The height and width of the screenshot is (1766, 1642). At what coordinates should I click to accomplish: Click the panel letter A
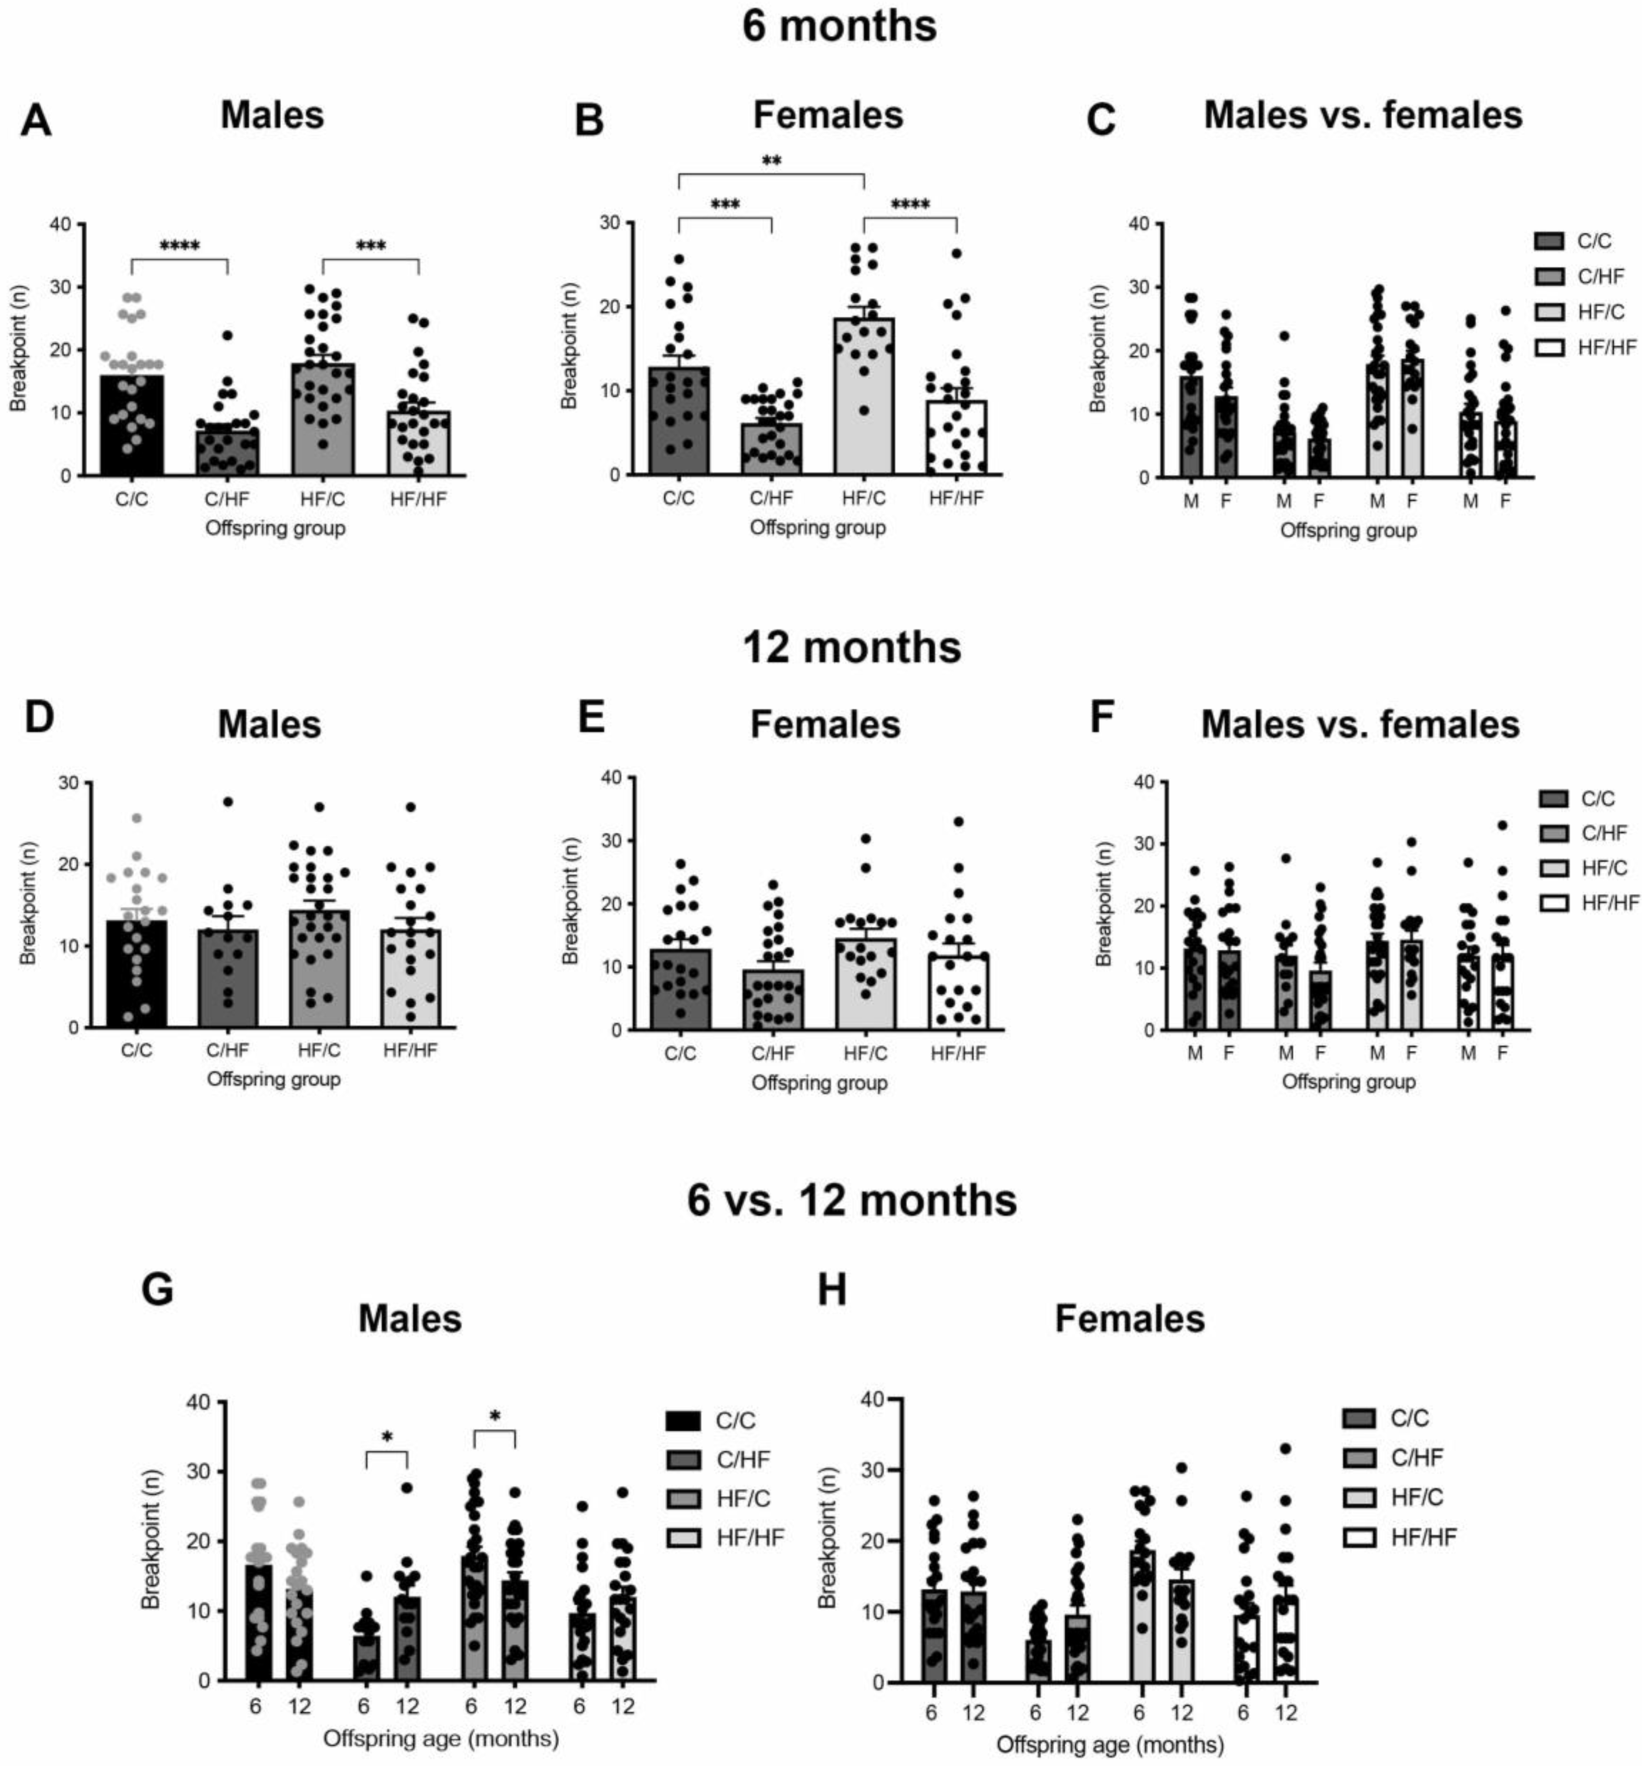pos(36,121)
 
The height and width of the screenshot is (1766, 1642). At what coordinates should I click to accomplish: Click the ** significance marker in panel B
pos(771,161)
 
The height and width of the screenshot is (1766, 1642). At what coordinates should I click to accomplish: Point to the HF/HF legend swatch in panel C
pos(1549,347)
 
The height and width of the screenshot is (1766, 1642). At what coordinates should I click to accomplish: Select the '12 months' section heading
pos(851,648)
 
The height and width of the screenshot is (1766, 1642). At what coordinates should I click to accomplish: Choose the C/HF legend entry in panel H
pos(1398,1457)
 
